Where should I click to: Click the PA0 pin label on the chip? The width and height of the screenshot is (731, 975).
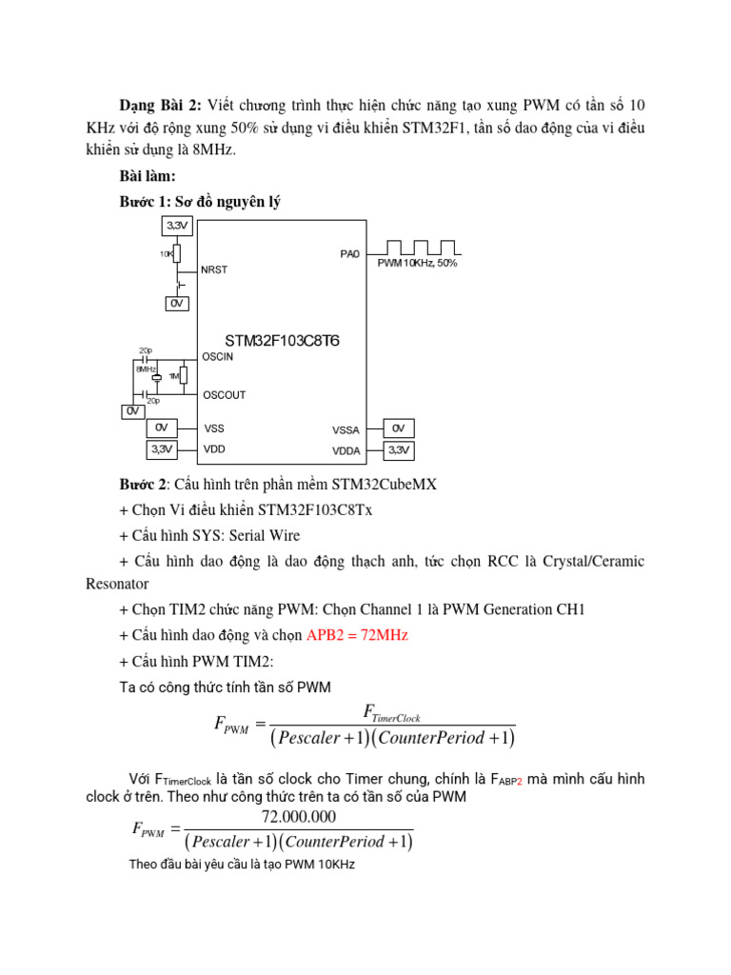coord(349,254)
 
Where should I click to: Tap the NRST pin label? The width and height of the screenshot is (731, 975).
coord(214,269)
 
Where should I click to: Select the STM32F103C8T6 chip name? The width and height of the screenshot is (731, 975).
coord(282,340)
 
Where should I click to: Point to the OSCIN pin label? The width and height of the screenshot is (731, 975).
coord(217,356)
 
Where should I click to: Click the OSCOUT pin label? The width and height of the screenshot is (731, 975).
coord(224,394)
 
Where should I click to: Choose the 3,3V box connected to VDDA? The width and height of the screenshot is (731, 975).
coord(398,449)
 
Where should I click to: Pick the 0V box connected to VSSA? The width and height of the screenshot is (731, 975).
coord(398,428)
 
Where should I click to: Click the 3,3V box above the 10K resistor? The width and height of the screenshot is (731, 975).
coord(178,226)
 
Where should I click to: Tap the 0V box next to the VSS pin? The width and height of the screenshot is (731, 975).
coord(162,428)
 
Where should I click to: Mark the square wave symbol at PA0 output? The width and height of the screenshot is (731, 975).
coord(420,249)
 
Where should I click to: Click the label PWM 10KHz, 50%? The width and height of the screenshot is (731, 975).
coord(417,263)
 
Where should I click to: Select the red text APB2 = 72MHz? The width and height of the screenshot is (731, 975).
coord(357,635)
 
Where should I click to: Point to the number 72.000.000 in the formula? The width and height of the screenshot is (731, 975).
coord(298,817)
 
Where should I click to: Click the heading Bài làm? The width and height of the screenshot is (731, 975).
coord(148,176)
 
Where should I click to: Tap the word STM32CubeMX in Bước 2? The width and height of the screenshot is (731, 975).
coord(391,484)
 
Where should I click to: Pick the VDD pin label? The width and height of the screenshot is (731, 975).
coord(214,448)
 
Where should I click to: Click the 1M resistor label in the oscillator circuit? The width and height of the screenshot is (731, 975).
coord(173,376)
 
